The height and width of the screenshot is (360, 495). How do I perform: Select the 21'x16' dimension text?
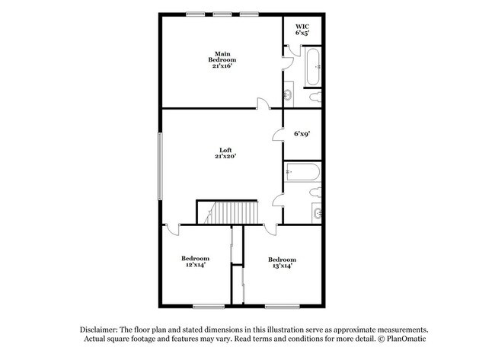pos(222,66)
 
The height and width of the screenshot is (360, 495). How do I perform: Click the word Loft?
pos(224,150)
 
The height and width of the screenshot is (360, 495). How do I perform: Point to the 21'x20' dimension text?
pos(224,157)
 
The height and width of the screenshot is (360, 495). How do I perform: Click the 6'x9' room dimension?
pos(302,135)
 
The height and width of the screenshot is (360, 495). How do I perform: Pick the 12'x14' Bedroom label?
pos(195,262)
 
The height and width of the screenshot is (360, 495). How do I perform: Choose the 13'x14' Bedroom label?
pos(281,262)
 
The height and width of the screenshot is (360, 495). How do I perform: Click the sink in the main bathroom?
pos(289,96)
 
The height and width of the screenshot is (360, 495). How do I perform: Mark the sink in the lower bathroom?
pos(317,213)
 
